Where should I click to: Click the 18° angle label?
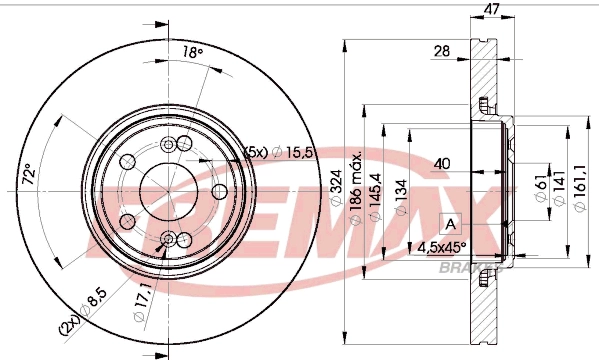tap(192, 53)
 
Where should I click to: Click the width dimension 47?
tap(491, 10)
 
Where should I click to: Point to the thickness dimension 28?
tap(441, 50)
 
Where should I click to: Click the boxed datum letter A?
tap(449, 223)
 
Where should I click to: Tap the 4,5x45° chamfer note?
tap(443, 246)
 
